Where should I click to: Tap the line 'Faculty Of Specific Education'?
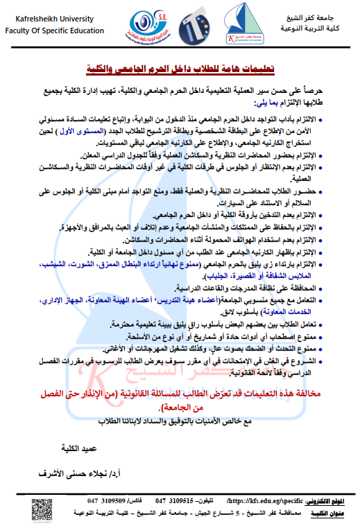coord(53,30)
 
